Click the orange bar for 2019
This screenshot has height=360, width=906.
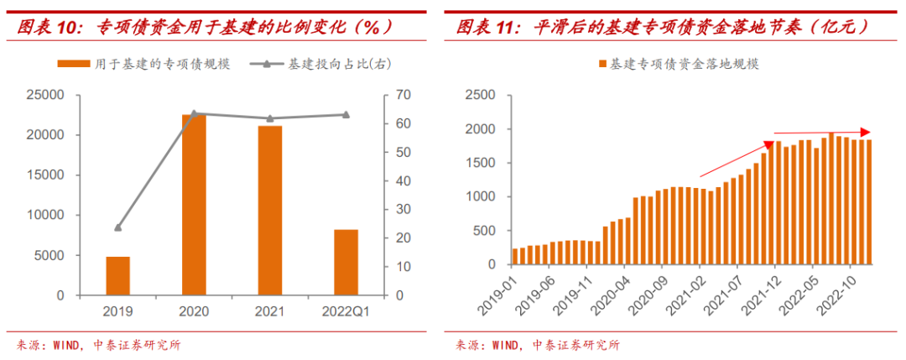point(118,276)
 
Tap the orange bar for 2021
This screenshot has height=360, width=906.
point(270,211)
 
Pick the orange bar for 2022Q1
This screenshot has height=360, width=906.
point(346,262)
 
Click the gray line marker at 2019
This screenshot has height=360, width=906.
point(118,227)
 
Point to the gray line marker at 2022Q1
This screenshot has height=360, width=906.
point(346,115)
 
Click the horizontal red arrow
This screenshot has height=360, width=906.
point(822,132)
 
